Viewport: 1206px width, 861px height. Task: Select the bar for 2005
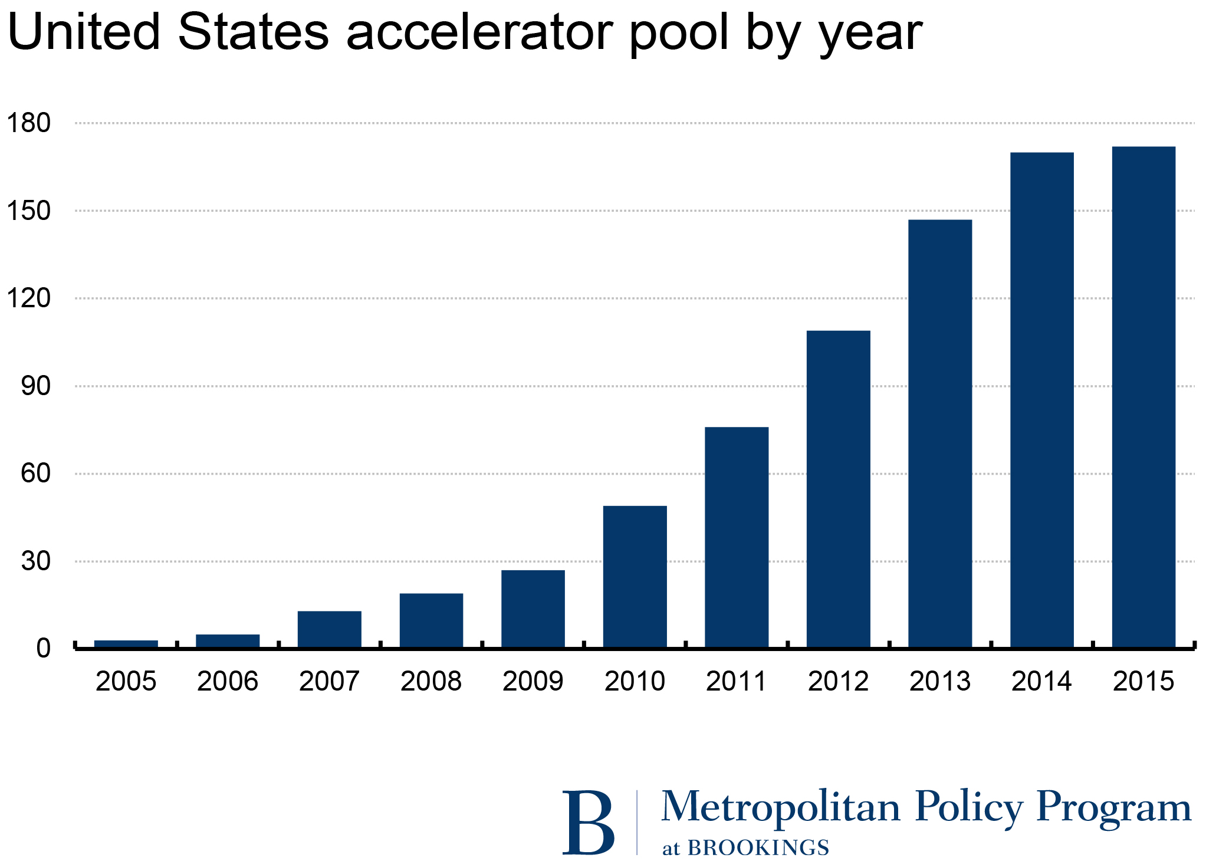126,643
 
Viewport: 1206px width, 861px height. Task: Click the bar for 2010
635,576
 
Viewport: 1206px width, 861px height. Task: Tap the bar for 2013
940,433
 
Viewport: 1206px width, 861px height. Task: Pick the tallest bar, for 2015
1143,397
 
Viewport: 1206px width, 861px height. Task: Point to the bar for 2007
329,629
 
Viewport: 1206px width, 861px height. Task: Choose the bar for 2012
838,489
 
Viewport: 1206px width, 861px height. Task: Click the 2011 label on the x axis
736,682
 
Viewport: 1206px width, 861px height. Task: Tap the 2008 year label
431,682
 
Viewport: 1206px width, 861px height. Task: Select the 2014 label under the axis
1041,682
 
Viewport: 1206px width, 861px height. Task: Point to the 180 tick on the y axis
28,123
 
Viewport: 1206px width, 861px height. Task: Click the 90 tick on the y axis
35,386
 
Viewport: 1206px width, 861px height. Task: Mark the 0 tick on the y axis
43,649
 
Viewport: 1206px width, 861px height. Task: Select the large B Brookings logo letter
587,823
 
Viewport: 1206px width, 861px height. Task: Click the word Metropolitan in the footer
780,807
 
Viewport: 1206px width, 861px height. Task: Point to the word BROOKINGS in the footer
758,847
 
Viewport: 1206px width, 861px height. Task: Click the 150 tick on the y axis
28,211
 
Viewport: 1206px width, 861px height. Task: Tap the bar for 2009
533,609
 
